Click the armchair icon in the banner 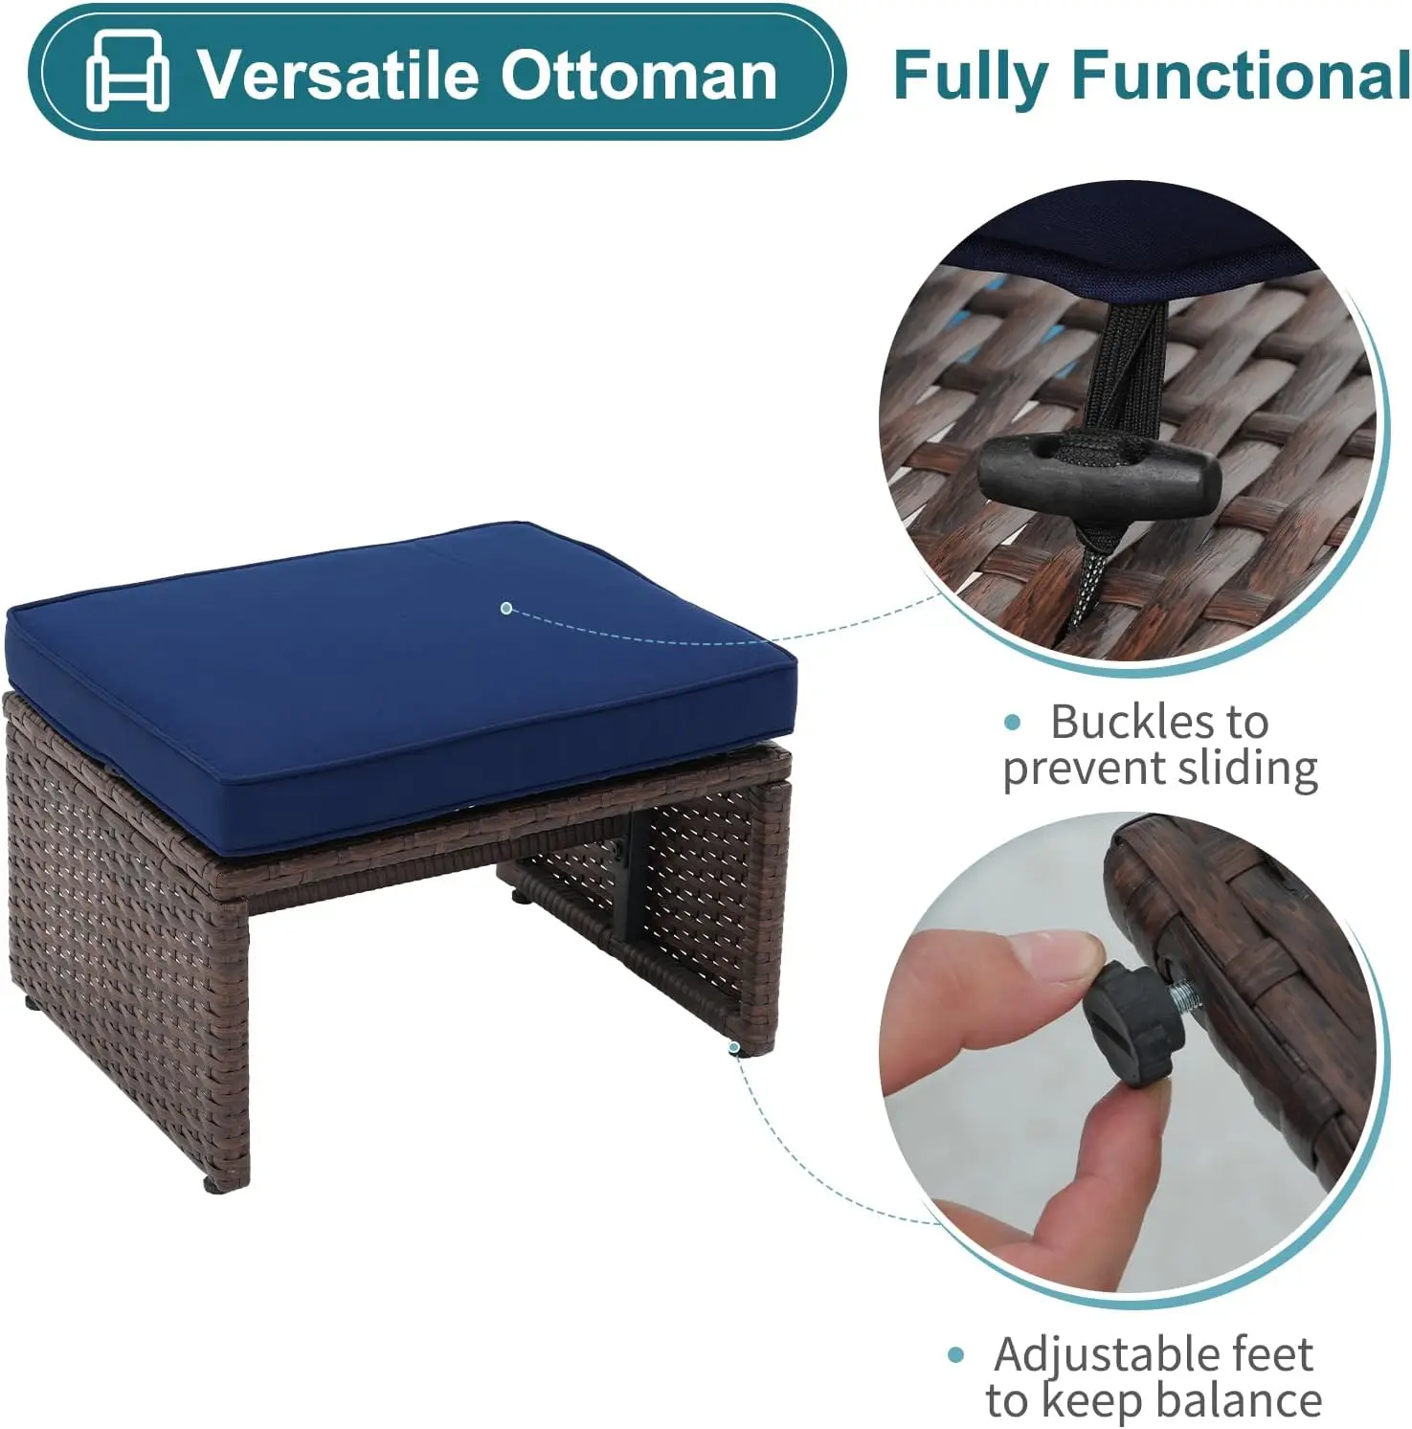(x=127, y=71)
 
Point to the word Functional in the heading (x=1240, y=76)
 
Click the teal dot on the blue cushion (x=506, y=608)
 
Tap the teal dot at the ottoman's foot (x=734, y=1048)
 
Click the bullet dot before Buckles (x=1013, y=723)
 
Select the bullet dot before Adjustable (x=955, y=1355)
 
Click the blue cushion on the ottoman (x=383, y=689)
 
